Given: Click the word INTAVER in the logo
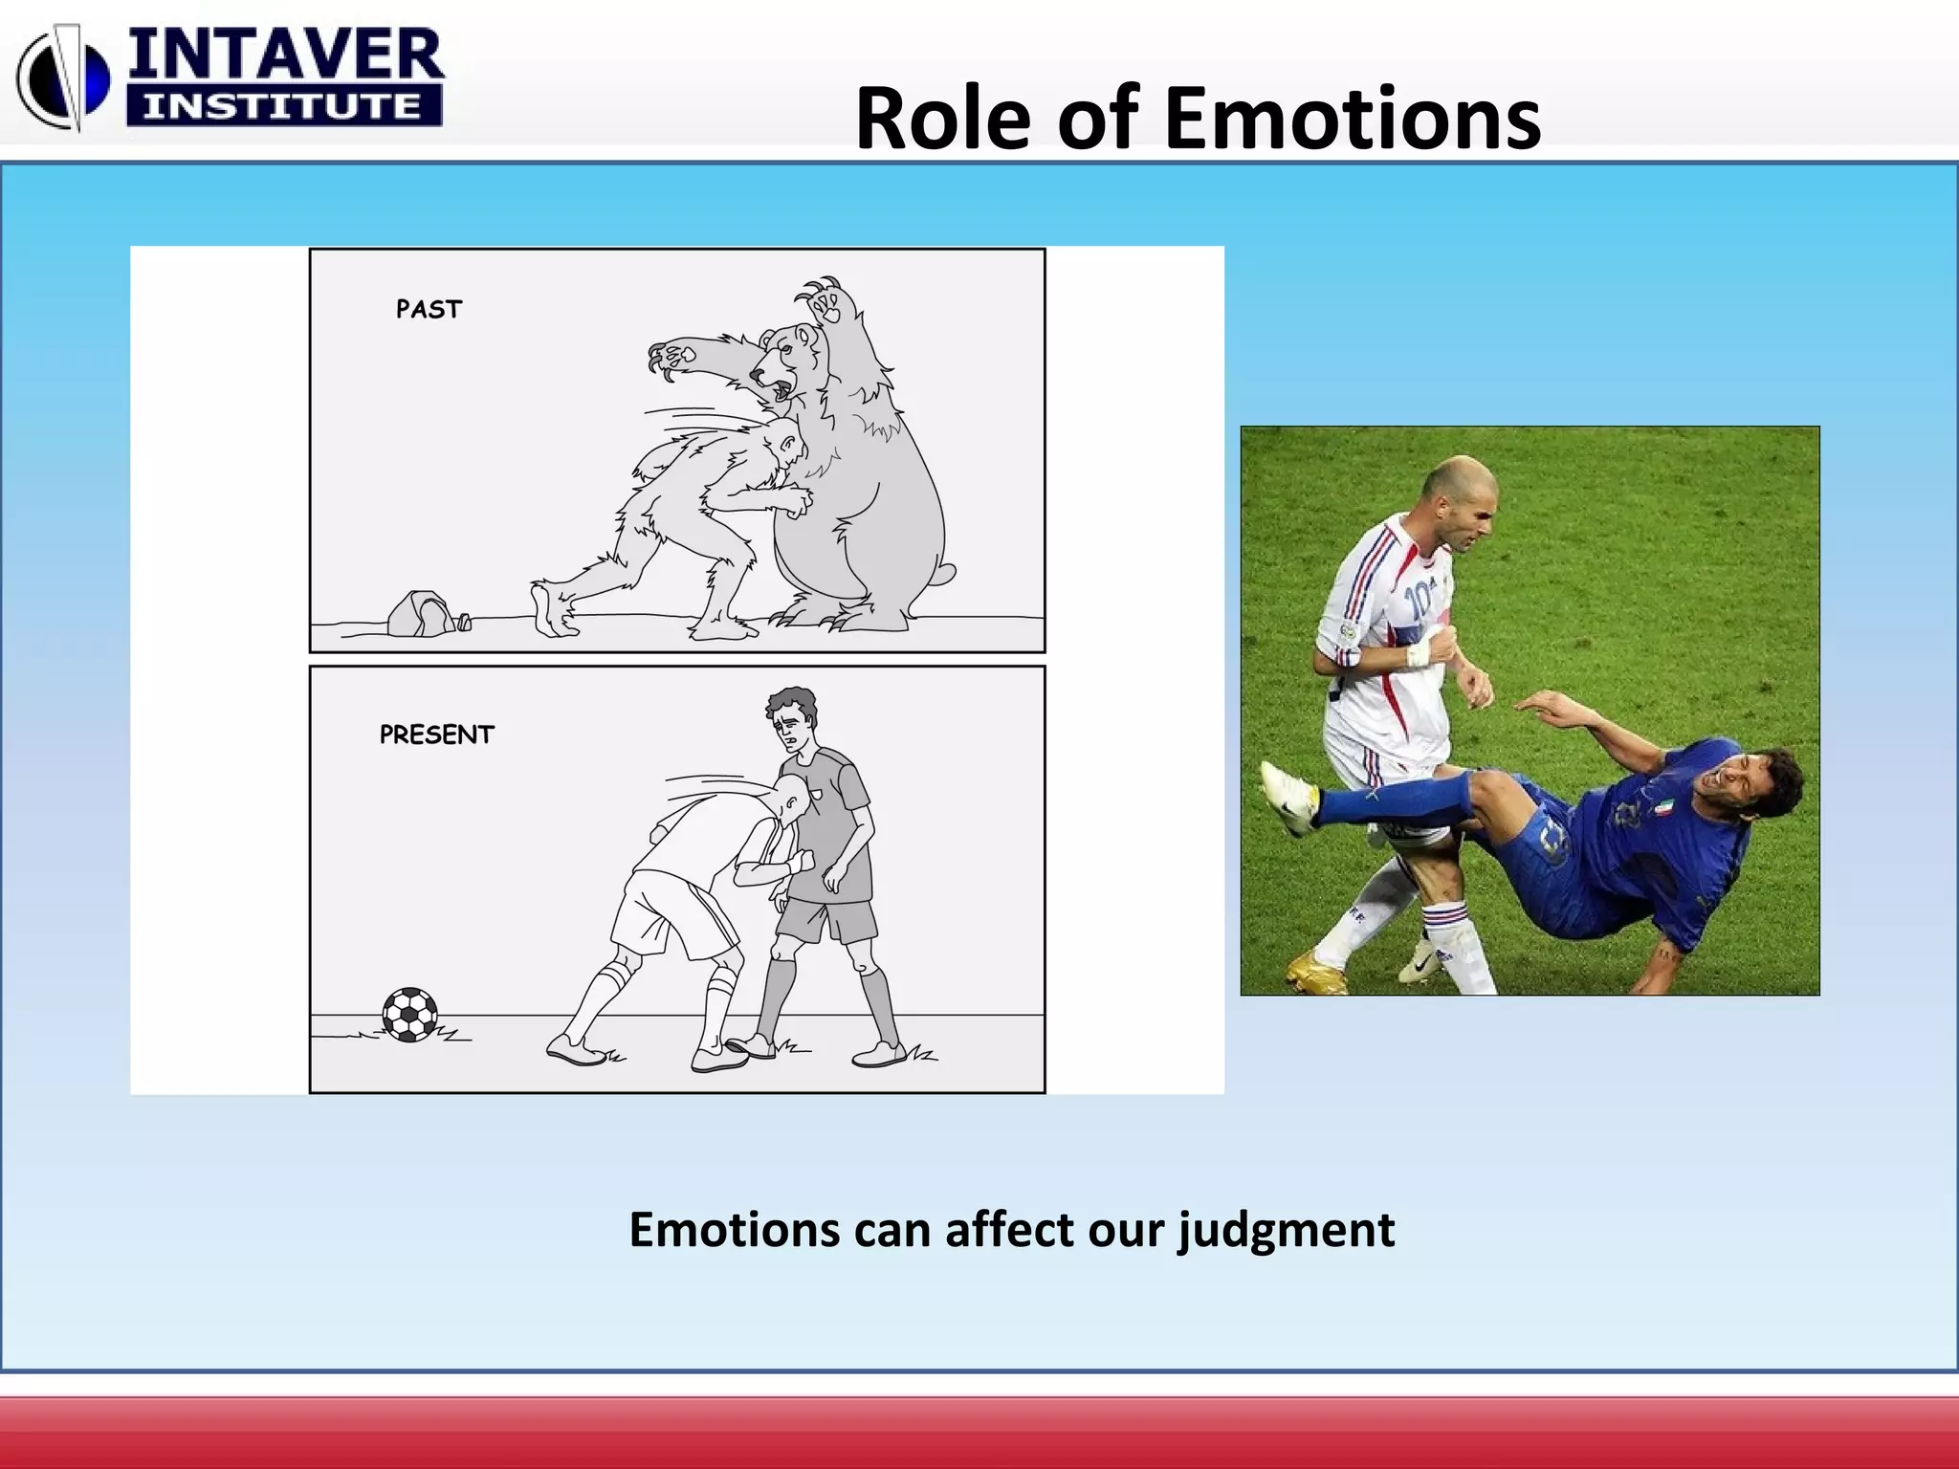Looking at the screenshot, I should (285, 55).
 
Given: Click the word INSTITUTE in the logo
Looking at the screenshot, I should (283, 106).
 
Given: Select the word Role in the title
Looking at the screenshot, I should (947, 119).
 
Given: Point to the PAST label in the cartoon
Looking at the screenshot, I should (429, 310).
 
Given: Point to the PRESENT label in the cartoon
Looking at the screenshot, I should (436, 734).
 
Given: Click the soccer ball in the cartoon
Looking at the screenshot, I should (410, 1015).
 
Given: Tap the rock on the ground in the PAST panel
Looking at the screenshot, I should (420, 614).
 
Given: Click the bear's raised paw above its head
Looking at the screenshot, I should (825, 304).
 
